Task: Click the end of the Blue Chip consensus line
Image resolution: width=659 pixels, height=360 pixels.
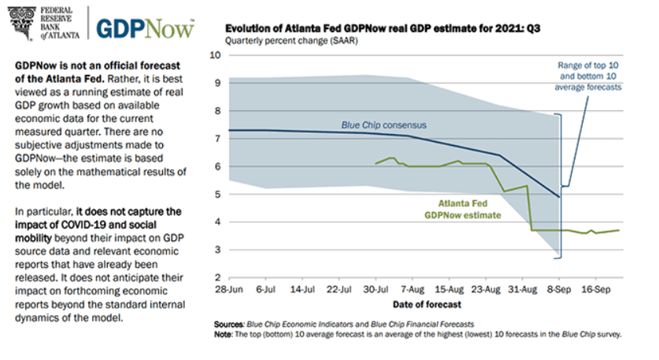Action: (558, 197)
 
